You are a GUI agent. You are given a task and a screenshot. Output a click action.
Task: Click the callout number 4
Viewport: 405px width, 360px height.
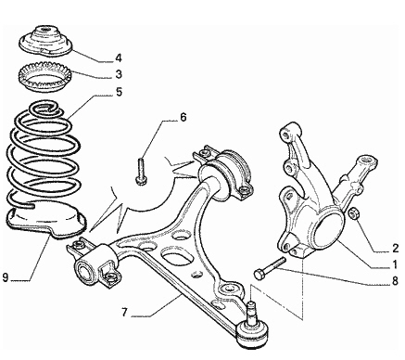pyautogui.click(x=119, y=58)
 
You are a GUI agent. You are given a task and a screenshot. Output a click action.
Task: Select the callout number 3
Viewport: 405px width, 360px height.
pyautogui.click(x=119, y=74)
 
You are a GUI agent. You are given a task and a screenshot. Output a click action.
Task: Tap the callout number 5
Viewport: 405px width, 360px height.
pyautogui.click(x=119, y=92)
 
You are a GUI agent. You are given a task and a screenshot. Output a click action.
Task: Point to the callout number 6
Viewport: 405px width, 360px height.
pyautogui.click(x=184, y=118)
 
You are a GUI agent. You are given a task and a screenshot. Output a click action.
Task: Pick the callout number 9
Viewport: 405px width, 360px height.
pyautogui.click(x=6, y=277)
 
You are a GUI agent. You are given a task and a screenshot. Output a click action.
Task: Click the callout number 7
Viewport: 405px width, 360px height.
pyautogui.click(x=124, y=313)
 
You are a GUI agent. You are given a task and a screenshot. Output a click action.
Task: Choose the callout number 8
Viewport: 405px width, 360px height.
pyautogui.click(x=395, y=281)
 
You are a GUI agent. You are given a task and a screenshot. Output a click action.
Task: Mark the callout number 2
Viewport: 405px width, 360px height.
pyautogui.click(x=396, y=248)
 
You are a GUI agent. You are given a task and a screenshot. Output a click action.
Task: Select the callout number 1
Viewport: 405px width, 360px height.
pyautogui.click(x=395, y=264)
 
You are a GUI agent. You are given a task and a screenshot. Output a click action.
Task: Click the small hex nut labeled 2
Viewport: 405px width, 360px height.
pyautogui.click(x=353, y=213)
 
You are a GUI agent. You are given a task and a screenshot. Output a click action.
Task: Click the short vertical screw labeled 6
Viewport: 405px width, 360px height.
pyautogui.click(x=141, y=172)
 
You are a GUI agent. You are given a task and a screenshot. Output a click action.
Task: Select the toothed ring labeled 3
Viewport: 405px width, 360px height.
pyautogui.click(x=45, y=76)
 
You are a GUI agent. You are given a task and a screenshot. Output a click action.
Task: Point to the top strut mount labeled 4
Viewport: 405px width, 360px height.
pyautogui.click(x=45, y=42)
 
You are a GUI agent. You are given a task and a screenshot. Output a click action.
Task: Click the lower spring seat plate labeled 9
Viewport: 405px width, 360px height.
pyautogui.click(x=46, y=221)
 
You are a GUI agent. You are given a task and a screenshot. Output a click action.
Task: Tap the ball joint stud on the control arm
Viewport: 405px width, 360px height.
pyautogui.click(x=252, y=312)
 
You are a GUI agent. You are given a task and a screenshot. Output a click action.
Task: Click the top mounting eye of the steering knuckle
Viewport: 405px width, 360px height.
pyautogui.click(x=286, y=133)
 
